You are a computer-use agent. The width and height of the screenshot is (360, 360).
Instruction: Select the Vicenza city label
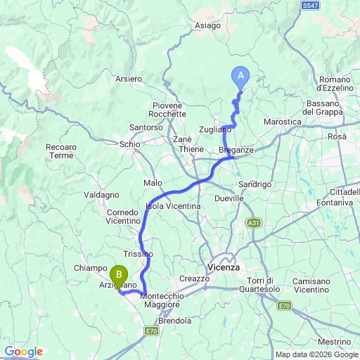(x=224, y=268)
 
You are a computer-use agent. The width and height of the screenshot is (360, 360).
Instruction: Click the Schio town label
(x=129, y=143)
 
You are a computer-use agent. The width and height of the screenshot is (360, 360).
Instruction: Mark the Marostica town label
(x=282, y=122)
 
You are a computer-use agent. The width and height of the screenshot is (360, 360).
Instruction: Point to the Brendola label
(x=175, y=321)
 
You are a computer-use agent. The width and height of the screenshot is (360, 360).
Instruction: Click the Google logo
(x=23, y=352)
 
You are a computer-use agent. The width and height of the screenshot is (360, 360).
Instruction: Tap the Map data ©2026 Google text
(x=316, y=354)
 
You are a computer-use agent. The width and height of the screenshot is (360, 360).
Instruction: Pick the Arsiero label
(x=128, y=79)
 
